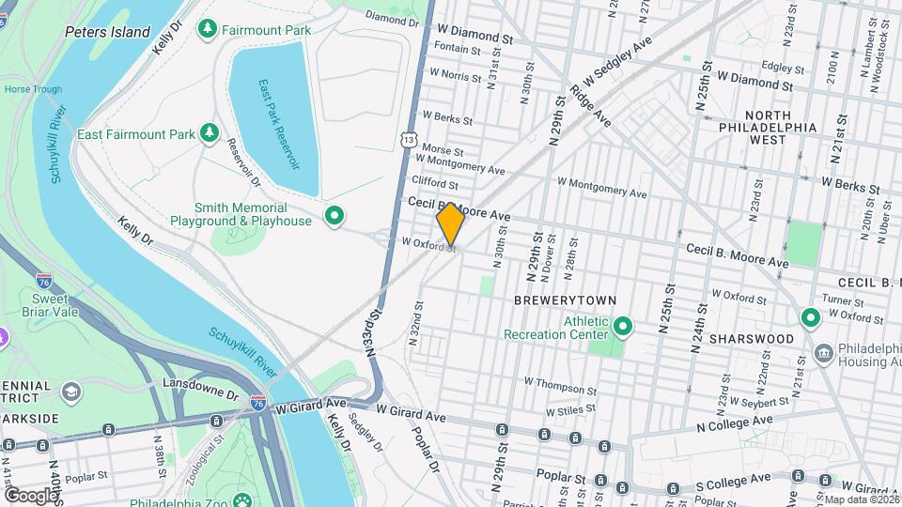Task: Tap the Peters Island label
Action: click(107, 32)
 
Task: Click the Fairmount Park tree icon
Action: click(206, 30)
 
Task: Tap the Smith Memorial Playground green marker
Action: click(334, 217)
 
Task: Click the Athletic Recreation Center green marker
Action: click(621, 327)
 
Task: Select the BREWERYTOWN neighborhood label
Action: click(565, 300)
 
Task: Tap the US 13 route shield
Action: click(407, 139)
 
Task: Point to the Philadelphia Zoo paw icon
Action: click(243, 501)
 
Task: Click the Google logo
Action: click(31, 495)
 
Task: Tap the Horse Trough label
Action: click(33, 90)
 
